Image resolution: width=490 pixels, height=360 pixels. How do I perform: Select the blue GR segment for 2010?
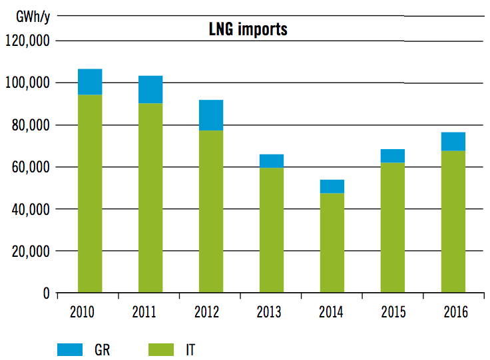point(90,82)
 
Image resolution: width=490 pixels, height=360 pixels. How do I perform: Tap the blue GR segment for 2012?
point(211,115)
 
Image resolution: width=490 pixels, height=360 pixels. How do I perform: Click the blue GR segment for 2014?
point(332,186)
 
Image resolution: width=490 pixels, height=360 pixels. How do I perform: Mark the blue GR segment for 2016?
point(453,142)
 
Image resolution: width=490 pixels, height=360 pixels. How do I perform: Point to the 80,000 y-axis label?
point(29,125)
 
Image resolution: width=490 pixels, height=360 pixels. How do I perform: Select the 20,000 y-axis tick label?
point(29,252)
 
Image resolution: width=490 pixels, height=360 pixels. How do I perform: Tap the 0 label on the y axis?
point(46,293)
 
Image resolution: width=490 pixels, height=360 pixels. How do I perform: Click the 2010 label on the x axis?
point(90,312)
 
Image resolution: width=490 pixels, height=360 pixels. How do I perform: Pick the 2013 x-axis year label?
point(272,312)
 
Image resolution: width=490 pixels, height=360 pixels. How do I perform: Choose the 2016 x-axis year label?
point(453,312)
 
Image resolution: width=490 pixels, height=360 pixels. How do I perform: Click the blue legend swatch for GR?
point(70,349)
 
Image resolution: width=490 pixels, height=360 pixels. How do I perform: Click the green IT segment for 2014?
point(332,243)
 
